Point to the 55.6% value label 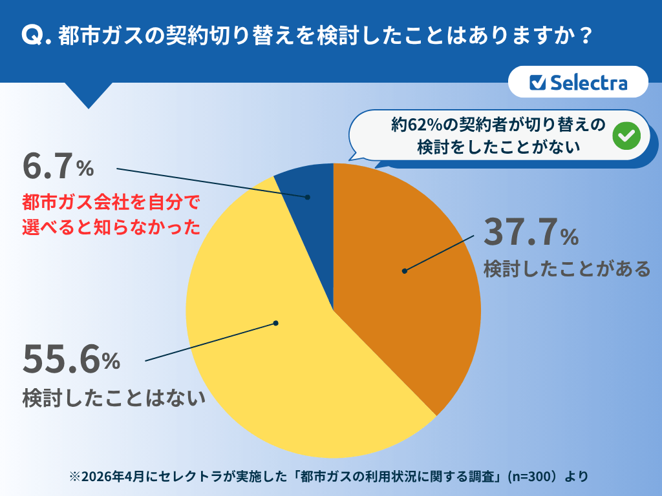tap(71, 359)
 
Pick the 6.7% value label tap(58, 167)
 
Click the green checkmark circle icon tap(626, 136)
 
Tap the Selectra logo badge tap(578, 82)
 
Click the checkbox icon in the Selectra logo tap(537, 83)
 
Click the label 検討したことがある tap(566, 268)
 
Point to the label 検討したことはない tap(114, 397)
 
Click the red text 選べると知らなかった tap(111, 227)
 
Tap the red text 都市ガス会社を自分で tap(111, 202)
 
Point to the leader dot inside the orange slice tap(405, 271)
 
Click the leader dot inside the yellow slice tap(276, 322)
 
